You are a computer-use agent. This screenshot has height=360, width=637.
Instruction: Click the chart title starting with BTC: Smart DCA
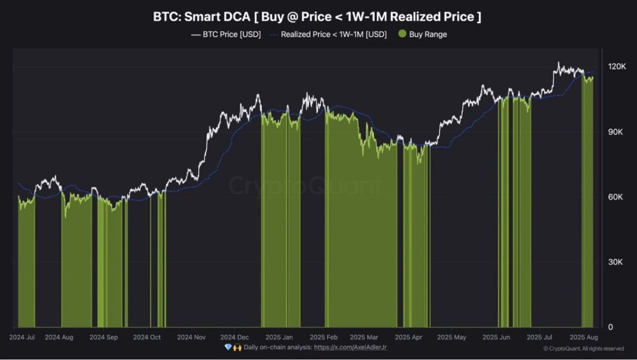pyautogui.click(x=317, y=16)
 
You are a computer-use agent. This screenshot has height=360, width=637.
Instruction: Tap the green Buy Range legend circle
pyautogui.click(x=402, y=35)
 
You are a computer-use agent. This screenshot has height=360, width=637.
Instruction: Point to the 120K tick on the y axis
pyautogui.click(x=617, y=66)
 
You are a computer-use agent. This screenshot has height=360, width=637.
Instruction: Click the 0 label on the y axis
pyautogui.click(x=610, y=327)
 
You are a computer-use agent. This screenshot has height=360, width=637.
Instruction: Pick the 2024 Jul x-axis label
pyautogui.click(x=22, y=337)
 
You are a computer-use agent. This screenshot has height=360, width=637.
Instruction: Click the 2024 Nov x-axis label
pyautogui.click(x=191, y=337)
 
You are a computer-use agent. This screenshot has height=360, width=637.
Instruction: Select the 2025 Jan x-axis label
pyautogui.click(x=279, y=337)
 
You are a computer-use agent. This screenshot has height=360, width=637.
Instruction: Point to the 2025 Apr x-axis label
pyautogui.click(x=409, y=337)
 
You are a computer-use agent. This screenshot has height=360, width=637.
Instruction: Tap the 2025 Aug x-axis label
pyautogui.click(x=584, y=337)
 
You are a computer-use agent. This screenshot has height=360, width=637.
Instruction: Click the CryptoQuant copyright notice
pyautogui.click(x=583, y=349)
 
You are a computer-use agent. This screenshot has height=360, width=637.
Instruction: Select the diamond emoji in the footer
pyautogui.click(x=228, y=347)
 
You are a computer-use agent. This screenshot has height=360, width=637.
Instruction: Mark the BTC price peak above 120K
pyautogui.click(x=558, y=63)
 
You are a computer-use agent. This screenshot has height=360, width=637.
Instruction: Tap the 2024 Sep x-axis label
pyautogui.click(x=104, y=337)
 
